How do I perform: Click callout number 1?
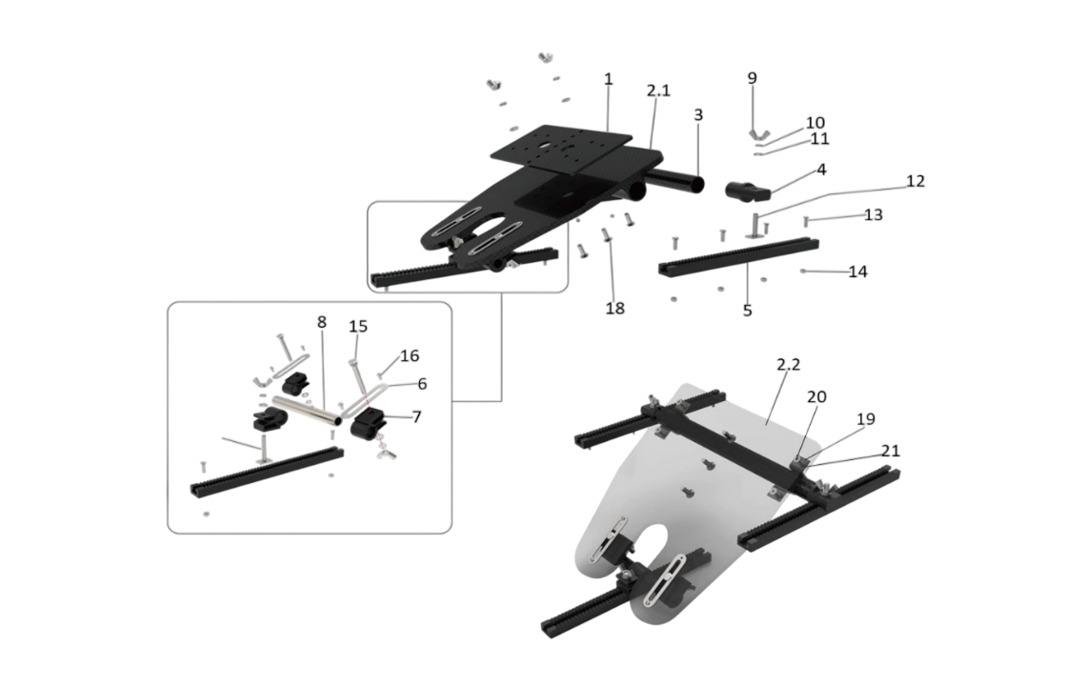tap(608, 79)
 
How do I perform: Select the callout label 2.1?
tap(658, 91)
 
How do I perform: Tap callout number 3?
tap(698, 114)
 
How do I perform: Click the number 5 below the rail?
tap(747, 310)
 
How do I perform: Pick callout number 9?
tap(752, 79)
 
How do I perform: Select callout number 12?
tap(915, 181)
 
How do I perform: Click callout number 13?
tap(873, 214)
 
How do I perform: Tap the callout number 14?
tap(857, 272)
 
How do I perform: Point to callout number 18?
tap(615, 309)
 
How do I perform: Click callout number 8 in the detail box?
tap(322, 322)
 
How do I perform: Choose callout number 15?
tap(357, 327)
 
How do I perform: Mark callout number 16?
tap(409, 355)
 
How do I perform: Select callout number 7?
tap(415, 417)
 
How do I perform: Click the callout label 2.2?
tap(788, 365)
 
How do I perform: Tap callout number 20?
tap(817, 396)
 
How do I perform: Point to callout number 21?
tap(890, 450)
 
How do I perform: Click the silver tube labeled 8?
tap(305, 412)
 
